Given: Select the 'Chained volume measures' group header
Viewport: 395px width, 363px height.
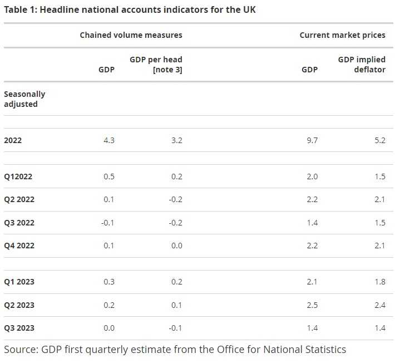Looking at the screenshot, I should [x=131, y=35].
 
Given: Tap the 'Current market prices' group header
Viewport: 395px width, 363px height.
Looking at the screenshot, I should [x=342, y=35].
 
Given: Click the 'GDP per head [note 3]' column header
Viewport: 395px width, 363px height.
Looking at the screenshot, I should [x=156, y=65].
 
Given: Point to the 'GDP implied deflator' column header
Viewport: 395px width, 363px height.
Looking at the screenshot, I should [x=362, y=65].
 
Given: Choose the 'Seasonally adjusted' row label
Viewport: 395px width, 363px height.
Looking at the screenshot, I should [x=24, y=99].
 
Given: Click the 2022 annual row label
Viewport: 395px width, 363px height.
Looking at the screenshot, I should [x=13, y=140].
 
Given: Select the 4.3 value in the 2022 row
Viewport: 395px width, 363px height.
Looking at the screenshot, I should [x=108, y=140].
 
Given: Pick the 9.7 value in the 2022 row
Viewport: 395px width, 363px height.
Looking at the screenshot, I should [x=312, y=140].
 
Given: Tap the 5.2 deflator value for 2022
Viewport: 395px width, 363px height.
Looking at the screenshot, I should [x=379, y=140].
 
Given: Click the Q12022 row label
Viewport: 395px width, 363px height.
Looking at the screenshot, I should [x=18, y=176].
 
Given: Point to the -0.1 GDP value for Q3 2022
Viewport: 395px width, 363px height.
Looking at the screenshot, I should [x=107, y=223].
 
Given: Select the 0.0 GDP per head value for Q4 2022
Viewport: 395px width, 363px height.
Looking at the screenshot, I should [x=176, y=246].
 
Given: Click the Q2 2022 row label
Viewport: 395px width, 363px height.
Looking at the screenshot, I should [x=19, y=199].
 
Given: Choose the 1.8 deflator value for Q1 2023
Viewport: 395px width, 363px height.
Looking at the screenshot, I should [x=379, y=282].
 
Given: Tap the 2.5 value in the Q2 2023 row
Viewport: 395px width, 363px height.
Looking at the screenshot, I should [x=312, y=305].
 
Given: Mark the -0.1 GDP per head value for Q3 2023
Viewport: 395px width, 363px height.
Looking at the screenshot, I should [x=175, y=328].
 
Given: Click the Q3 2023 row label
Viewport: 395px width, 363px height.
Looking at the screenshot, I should [x=19, y=328].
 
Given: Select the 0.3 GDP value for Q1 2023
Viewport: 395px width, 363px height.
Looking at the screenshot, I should [x=108, y=282].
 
